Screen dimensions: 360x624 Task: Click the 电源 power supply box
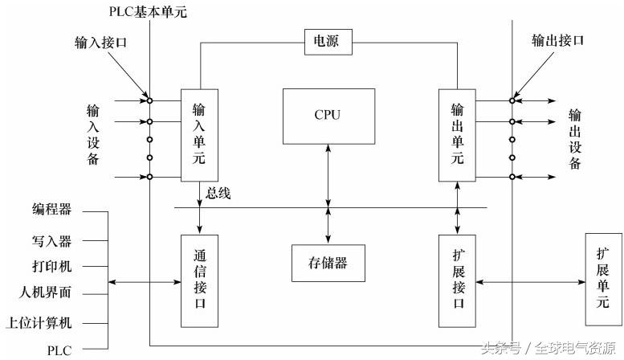click(x=328, y=43)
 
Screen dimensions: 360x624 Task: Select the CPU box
click(x=328, y=115)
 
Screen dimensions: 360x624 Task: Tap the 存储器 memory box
click(x=328, y=263)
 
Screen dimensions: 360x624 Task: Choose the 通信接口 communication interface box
click(x=200, y=280)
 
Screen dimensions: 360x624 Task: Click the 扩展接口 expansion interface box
click(x=458, y=280)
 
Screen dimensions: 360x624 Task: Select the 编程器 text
click(x=52, y=211)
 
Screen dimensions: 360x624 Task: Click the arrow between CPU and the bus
click(x=328, y=176)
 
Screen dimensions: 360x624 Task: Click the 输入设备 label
click(x=92, y=133)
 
